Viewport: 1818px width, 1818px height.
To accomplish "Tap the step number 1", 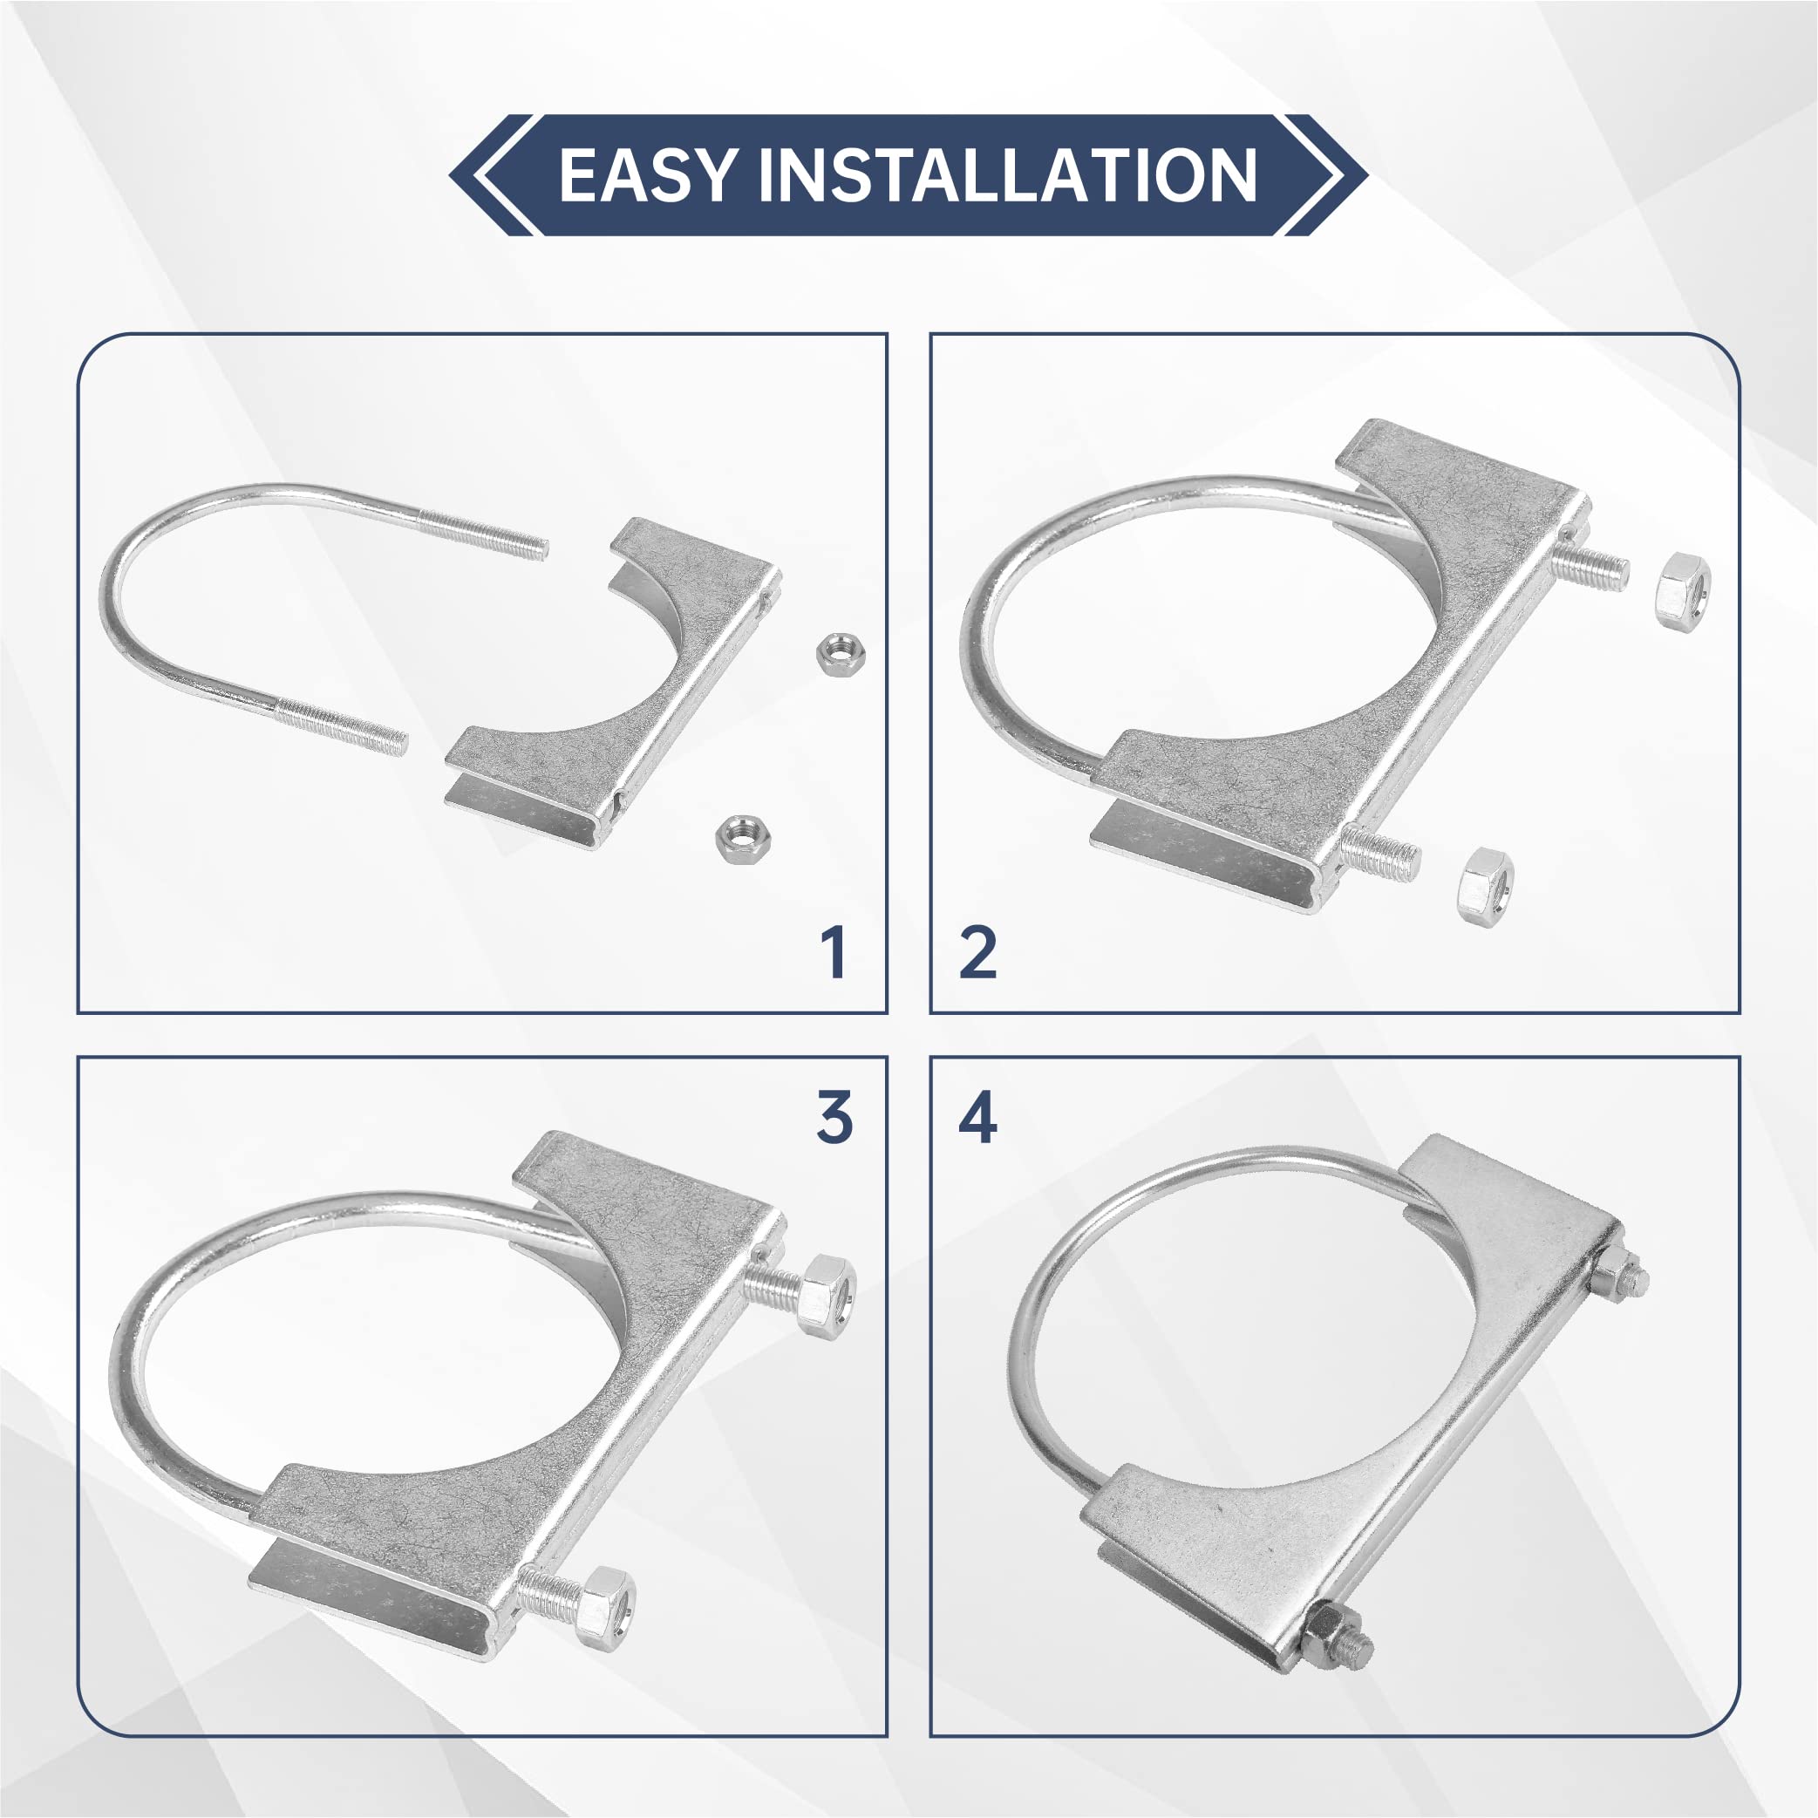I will (834, 952).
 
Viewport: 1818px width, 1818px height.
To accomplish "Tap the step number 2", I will (977, 952).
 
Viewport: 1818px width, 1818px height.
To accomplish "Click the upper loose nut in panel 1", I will (841, 653).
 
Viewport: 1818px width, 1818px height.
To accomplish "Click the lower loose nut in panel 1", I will (742, 837).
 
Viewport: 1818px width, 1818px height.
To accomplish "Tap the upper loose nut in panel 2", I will (1683, 591).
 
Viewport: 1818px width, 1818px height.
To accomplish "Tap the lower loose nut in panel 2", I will (1485, 884).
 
